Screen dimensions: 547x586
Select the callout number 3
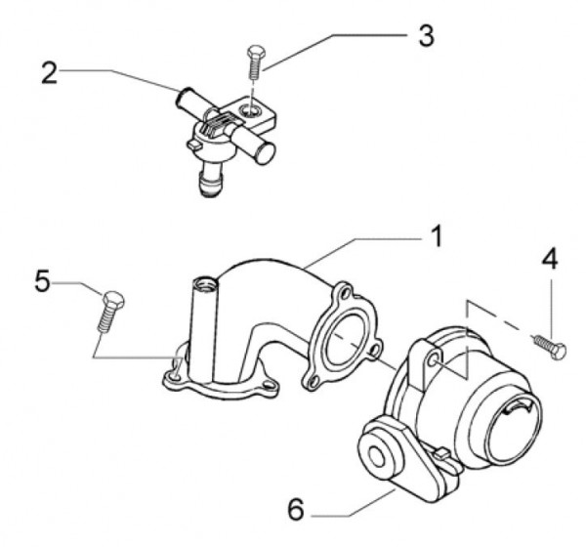pos(425,34)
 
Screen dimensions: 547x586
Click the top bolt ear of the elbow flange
pos(343,291)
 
